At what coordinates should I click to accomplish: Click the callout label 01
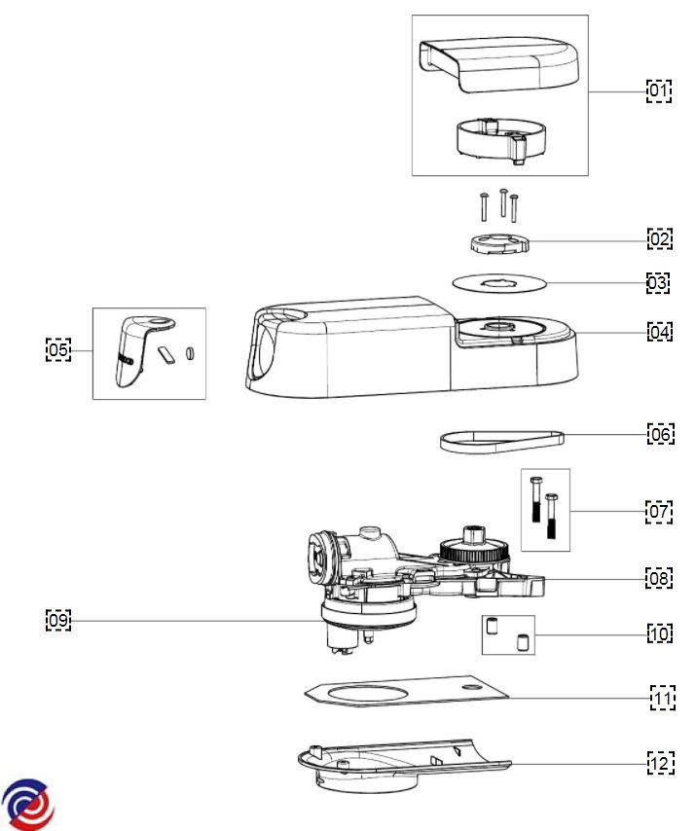(659, 91)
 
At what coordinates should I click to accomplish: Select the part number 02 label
(660, 238)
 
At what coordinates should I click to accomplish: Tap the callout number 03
(658, 282)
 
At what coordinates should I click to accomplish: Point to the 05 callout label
(58, 349)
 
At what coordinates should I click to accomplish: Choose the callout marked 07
(659, 512)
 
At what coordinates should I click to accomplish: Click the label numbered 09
(58, 620)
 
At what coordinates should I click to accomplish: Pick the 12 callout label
(661, 763)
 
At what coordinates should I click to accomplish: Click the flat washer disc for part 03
(499, 283)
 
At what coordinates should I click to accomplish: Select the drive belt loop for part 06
(501, 442)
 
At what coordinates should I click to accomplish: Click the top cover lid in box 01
(498, 64)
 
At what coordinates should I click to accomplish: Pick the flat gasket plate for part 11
(407, 691)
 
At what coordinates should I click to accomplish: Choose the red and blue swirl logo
(27, 805)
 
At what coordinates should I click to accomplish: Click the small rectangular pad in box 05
(166, 355)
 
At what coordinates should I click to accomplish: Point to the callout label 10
(660, 633)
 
